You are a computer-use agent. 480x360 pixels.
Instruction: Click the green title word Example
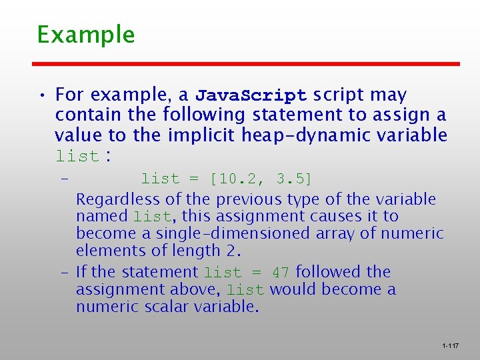click(x=86, y=35)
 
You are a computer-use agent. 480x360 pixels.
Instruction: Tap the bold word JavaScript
click(x=251, y=95)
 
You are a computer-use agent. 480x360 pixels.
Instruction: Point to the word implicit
click(x=198, y=135)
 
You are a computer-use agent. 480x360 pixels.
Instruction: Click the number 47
click(x=281, y=272)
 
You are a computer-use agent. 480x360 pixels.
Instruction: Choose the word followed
click(x=328, y=272)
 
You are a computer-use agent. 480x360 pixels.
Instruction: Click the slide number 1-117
click(x=450, y=346)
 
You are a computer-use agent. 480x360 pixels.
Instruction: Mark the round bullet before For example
click(x=43, y=95)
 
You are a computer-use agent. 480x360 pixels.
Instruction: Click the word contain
click(x=83, y=115)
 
